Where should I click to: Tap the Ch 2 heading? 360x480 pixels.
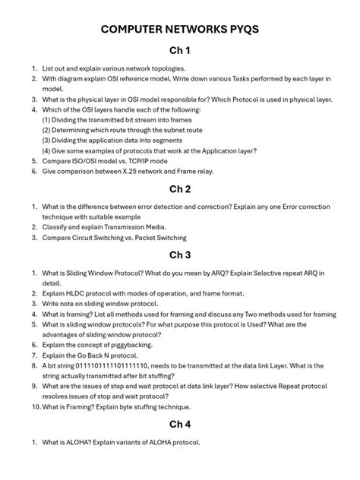pyautogui.click(x=180, y=189)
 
